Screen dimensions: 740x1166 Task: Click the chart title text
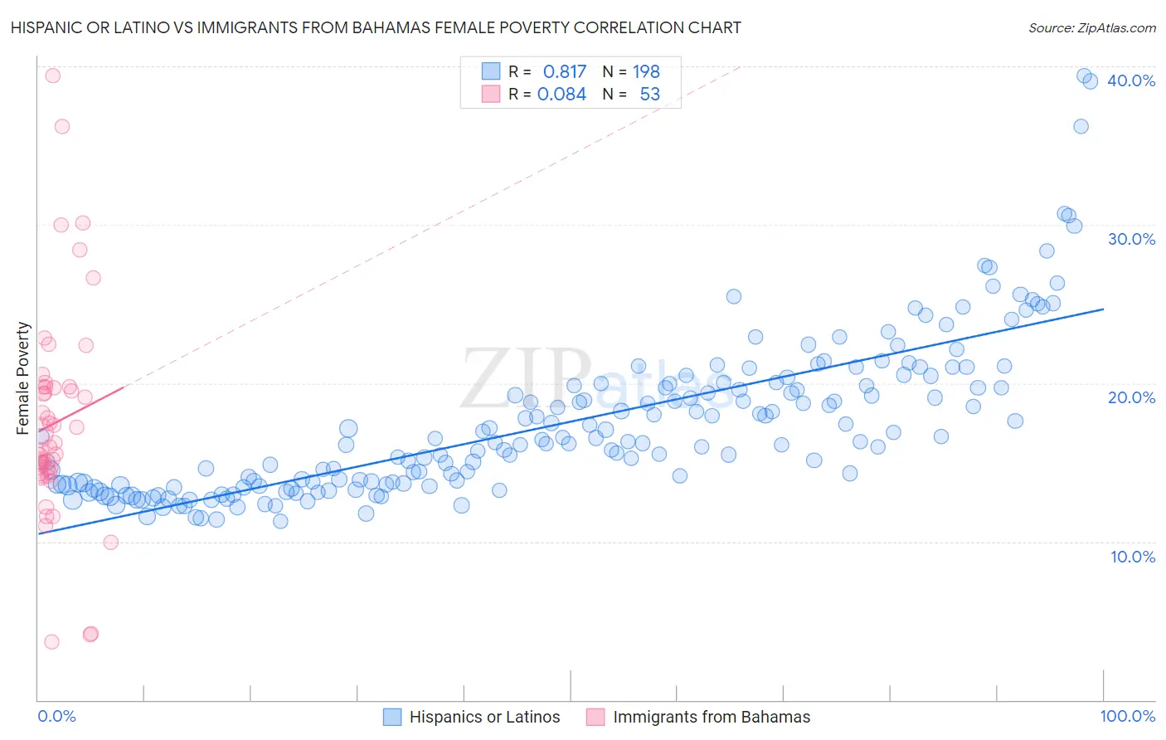coord(376,27)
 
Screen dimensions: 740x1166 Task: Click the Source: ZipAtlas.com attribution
coord(1091,27)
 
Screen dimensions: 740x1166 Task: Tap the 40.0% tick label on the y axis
coord(1131,80)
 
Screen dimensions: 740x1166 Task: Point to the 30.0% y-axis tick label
coord(1131,239)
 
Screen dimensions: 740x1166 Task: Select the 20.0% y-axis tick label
coord(1131,397)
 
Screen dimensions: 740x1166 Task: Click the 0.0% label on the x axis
coord(56,716)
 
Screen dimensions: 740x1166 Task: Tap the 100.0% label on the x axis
coord(1127,716)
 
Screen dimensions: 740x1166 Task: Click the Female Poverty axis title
coord(23,378)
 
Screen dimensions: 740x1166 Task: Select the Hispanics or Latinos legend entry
coord(484,717)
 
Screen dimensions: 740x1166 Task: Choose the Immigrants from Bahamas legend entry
coord(712,717)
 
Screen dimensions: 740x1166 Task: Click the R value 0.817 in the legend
coord(564,71)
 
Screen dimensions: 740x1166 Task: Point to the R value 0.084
coord(561,94)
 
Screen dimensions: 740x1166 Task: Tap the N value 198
coord(646,71)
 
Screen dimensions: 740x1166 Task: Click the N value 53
coord(649,94)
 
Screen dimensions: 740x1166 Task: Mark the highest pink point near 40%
coord(52,75)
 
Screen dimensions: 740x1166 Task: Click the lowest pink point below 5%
coord(51,641)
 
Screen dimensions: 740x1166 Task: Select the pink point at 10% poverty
coord(110,543)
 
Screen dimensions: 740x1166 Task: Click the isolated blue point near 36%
coord(1081,126)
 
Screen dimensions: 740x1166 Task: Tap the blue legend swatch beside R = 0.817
coord(491,71)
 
